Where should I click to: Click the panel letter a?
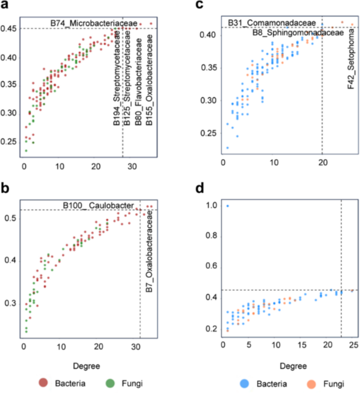(5, 5)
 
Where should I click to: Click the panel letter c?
(200, 5)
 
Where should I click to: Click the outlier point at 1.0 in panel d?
(228, 206)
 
